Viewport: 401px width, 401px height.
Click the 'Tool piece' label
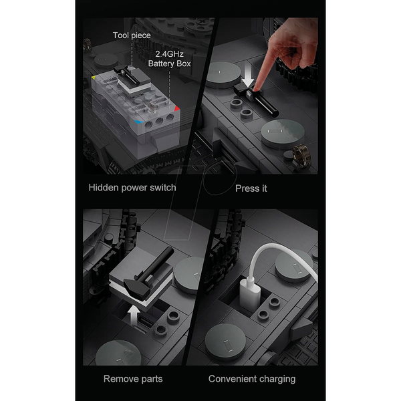pyautogui.click(x=132, y=35)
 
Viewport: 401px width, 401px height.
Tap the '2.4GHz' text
pyautogui.click(x=169, y=54)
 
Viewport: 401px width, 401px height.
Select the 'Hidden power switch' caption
pyautogui.click(x=132, y=188)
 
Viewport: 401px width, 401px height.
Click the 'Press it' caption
pyautogui.click(x=251, y=188)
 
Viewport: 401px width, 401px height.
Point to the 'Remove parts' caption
pyautogui.click(x=133, y=379)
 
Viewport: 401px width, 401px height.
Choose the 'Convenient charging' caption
pyautogui.click(x=252, y=379)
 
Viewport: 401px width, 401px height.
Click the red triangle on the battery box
pyautogui.click(x=176, y=109)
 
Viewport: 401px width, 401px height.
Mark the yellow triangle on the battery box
pyautogui.click(x=94, y=78)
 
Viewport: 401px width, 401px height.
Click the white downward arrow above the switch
pyautogui.click(x=247, y=75)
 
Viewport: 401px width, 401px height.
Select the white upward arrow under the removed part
pyautogui.click(x=134, y=316)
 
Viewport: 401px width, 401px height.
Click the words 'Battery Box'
pyautogui.click(x=169, y=63)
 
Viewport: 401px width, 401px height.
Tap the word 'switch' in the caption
pyautogui.click(x=163, y=187)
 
